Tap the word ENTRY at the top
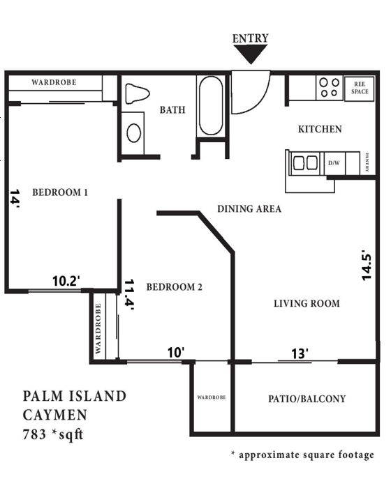250,38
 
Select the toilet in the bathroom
137,94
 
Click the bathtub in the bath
211,107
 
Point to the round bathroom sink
134,132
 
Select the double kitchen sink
305,163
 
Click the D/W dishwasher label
334,163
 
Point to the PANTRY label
368,162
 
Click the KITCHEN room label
320,129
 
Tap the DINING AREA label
249,208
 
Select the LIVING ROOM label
307,303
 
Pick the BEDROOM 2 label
174,287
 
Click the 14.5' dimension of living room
366,266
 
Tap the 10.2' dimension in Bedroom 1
66,281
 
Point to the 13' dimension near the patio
300,354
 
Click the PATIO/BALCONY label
307,399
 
